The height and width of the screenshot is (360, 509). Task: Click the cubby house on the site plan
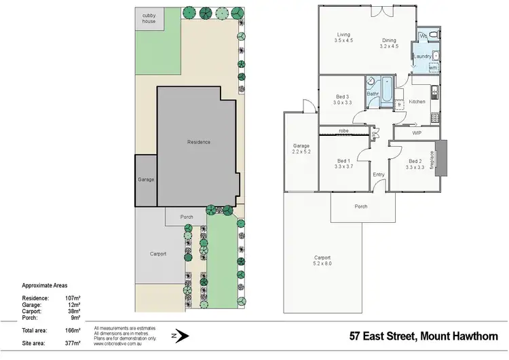[x=148, y=18]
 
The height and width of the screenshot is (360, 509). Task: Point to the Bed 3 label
[x=343, y=99]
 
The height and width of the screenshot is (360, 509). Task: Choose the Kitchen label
[x=417, y=101]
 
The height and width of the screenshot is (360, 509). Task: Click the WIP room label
[x=417, y=133]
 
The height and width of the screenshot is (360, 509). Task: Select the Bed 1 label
[x=343, y=164]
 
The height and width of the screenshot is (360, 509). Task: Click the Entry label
[x=379, y=175]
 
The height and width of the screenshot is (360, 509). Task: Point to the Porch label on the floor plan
[x=361, y=206]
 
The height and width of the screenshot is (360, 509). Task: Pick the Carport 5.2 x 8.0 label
[x=322, y=261]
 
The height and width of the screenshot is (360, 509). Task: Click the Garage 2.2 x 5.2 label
[x=301, y=149]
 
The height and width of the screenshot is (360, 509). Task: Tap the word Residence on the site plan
[x=199, y=142]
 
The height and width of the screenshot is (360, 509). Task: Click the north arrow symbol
[x=181, y=336]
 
